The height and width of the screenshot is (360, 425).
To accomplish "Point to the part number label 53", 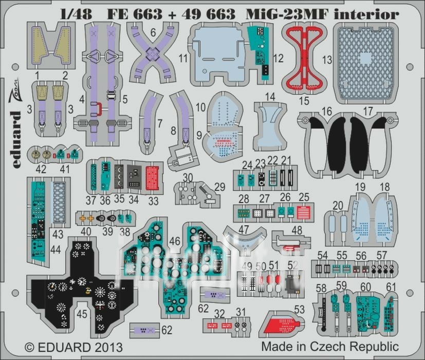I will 300,309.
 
